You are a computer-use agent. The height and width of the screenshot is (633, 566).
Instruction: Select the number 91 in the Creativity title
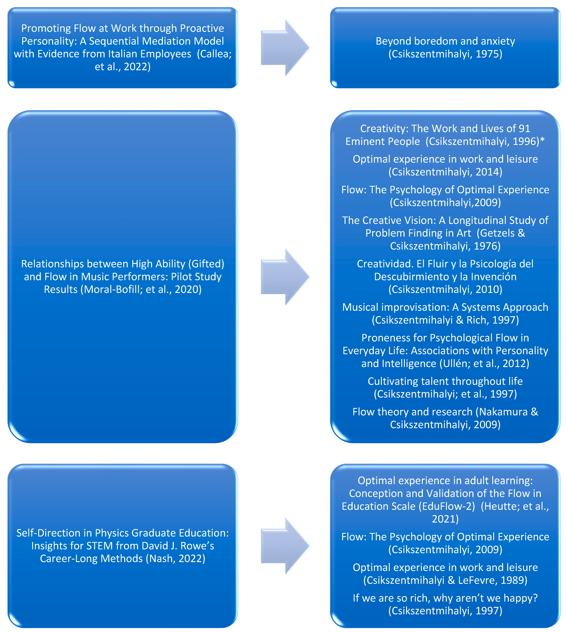[524, 128]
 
